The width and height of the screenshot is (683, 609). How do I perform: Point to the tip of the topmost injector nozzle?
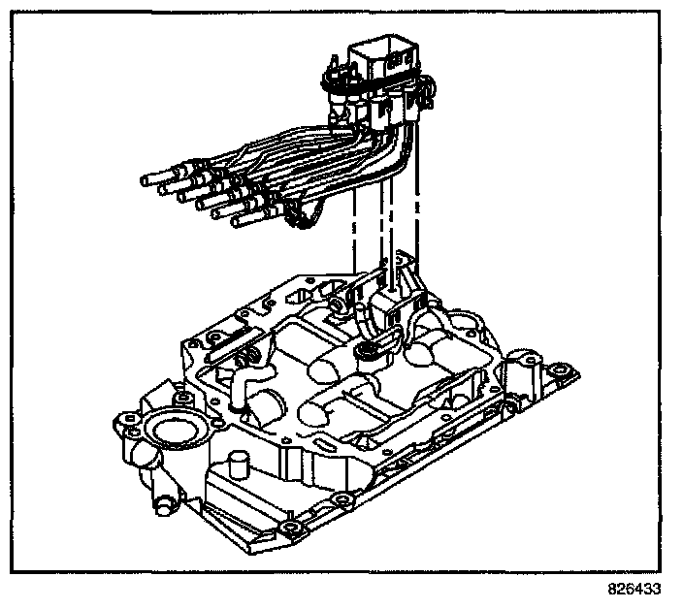pos(146,178)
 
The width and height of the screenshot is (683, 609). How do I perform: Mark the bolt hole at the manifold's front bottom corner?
pos(289,529)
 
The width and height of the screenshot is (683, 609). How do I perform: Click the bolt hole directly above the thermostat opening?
pos(181,399)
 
